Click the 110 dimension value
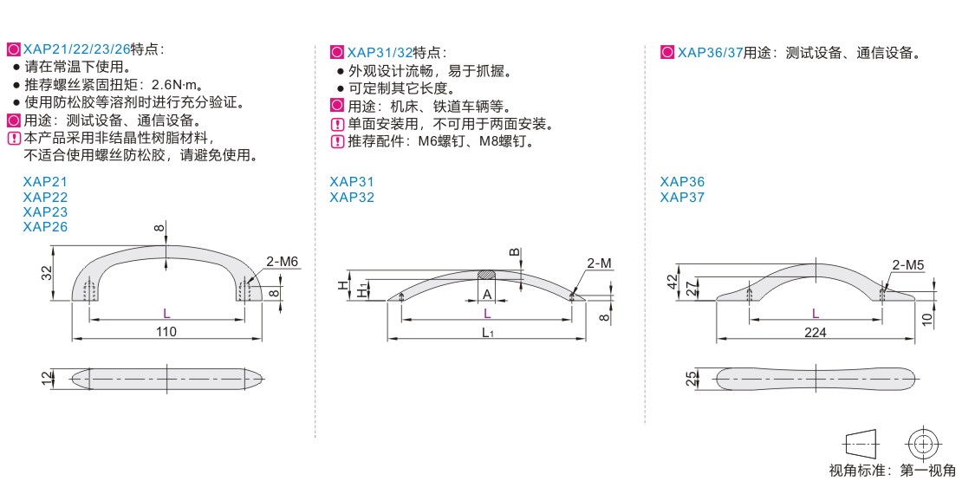pyautogui.click(x=166, y=331)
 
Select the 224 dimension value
pyautogui.click(x=815, y=332)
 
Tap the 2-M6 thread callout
pyautogui.click(x=283, y=261)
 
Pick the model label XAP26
pyautogui.click(x=45, y=227)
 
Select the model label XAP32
pyautogui.click(x=352, y=197)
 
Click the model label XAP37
pyautogui.click(x=682, y=197)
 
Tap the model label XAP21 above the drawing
pyautogui.click(x=45, y=182)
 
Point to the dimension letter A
pyautogui.click(x=488, y=294)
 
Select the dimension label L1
pyautogui.click(x=488, y=333)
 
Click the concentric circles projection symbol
pyautogui.click(x=921, y=444)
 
